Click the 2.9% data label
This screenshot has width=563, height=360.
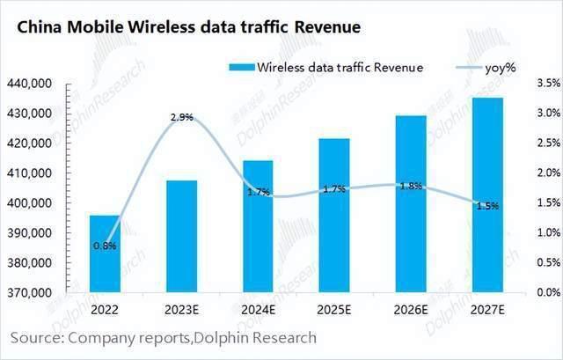(182, 116)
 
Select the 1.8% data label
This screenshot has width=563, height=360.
(411, 186)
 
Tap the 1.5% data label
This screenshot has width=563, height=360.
(487, 205)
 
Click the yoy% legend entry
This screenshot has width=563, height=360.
(494, 68)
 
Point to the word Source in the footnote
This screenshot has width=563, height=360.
(37, 337)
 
